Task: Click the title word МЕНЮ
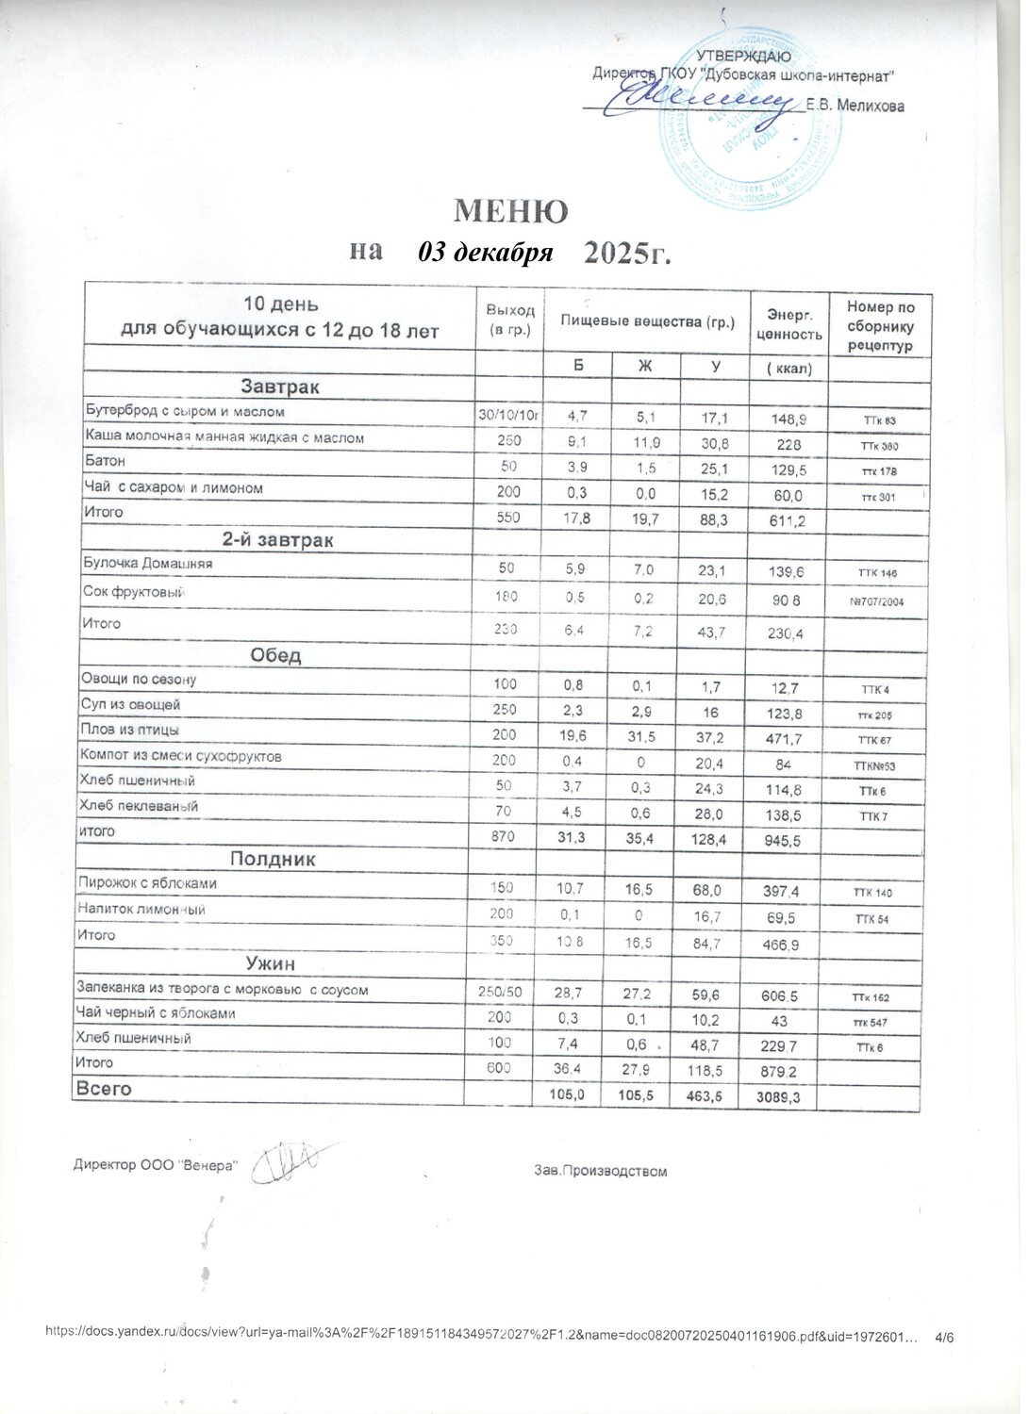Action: point(512,209)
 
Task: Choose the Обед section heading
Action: point(275,655)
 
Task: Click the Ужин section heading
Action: point(271,963)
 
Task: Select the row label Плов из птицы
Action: point(133,730)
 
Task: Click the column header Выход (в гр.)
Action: point(510,320)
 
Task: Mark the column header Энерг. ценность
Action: point(788,320)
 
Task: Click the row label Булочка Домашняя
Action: point(149,563)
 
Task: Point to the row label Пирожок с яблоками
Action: point(151,883)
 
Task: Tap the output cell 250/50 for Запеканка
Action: point(501,990)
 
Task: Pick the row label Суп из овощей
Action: point(133,704)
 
